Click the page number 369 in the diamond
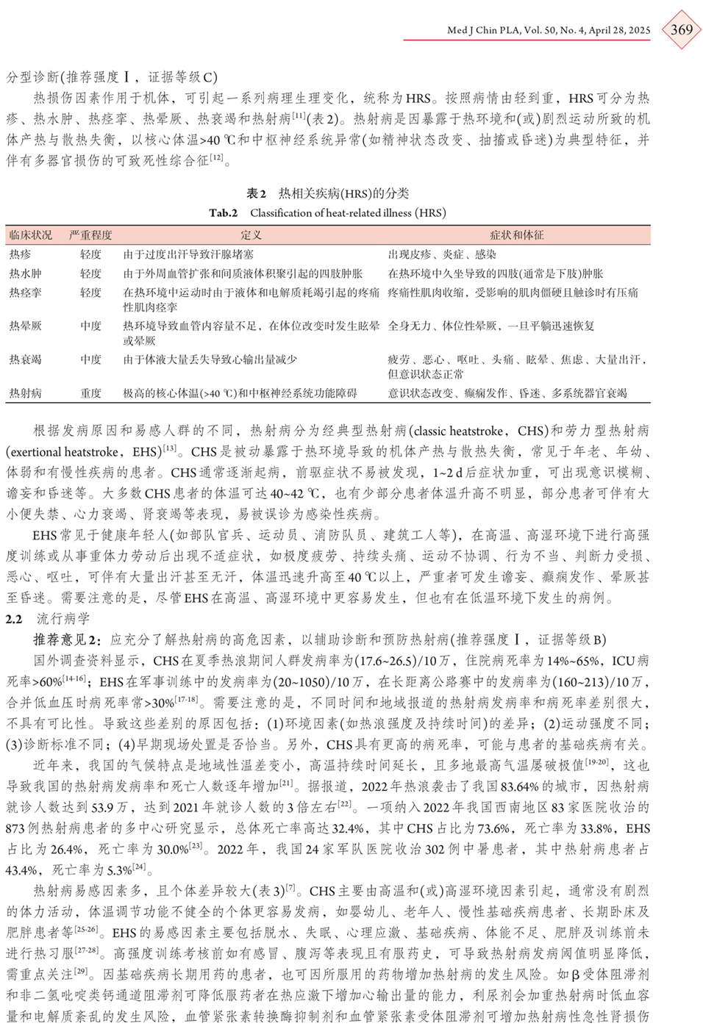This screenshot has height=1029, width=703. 681,29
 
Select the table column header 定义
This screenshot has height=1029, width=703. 251,235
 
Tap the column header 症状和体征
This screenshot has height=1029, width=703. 516,235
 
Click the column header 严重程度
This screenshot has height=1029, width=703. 90,235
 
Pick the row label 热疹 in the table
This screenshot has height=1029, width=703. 20,254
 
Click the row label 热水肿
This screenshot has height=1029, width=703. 25,273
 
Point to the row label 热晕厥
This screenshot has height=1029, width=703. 25,326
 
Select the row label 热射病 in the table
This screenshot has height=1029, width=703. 25,393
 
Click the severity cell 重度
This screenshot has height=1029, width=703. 90,393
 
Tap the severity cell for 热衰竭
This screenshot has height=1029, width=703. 90,359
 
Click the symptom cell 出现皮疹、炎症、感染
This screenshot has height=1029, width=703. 442,254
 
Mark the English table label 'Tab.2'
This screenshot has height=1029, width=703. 224,213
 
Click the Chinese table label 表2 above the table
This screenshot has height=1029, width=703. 256,193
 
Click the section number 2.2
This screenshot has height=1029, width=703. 14,619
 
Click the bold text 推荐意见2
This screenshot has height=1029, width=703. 66,639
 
